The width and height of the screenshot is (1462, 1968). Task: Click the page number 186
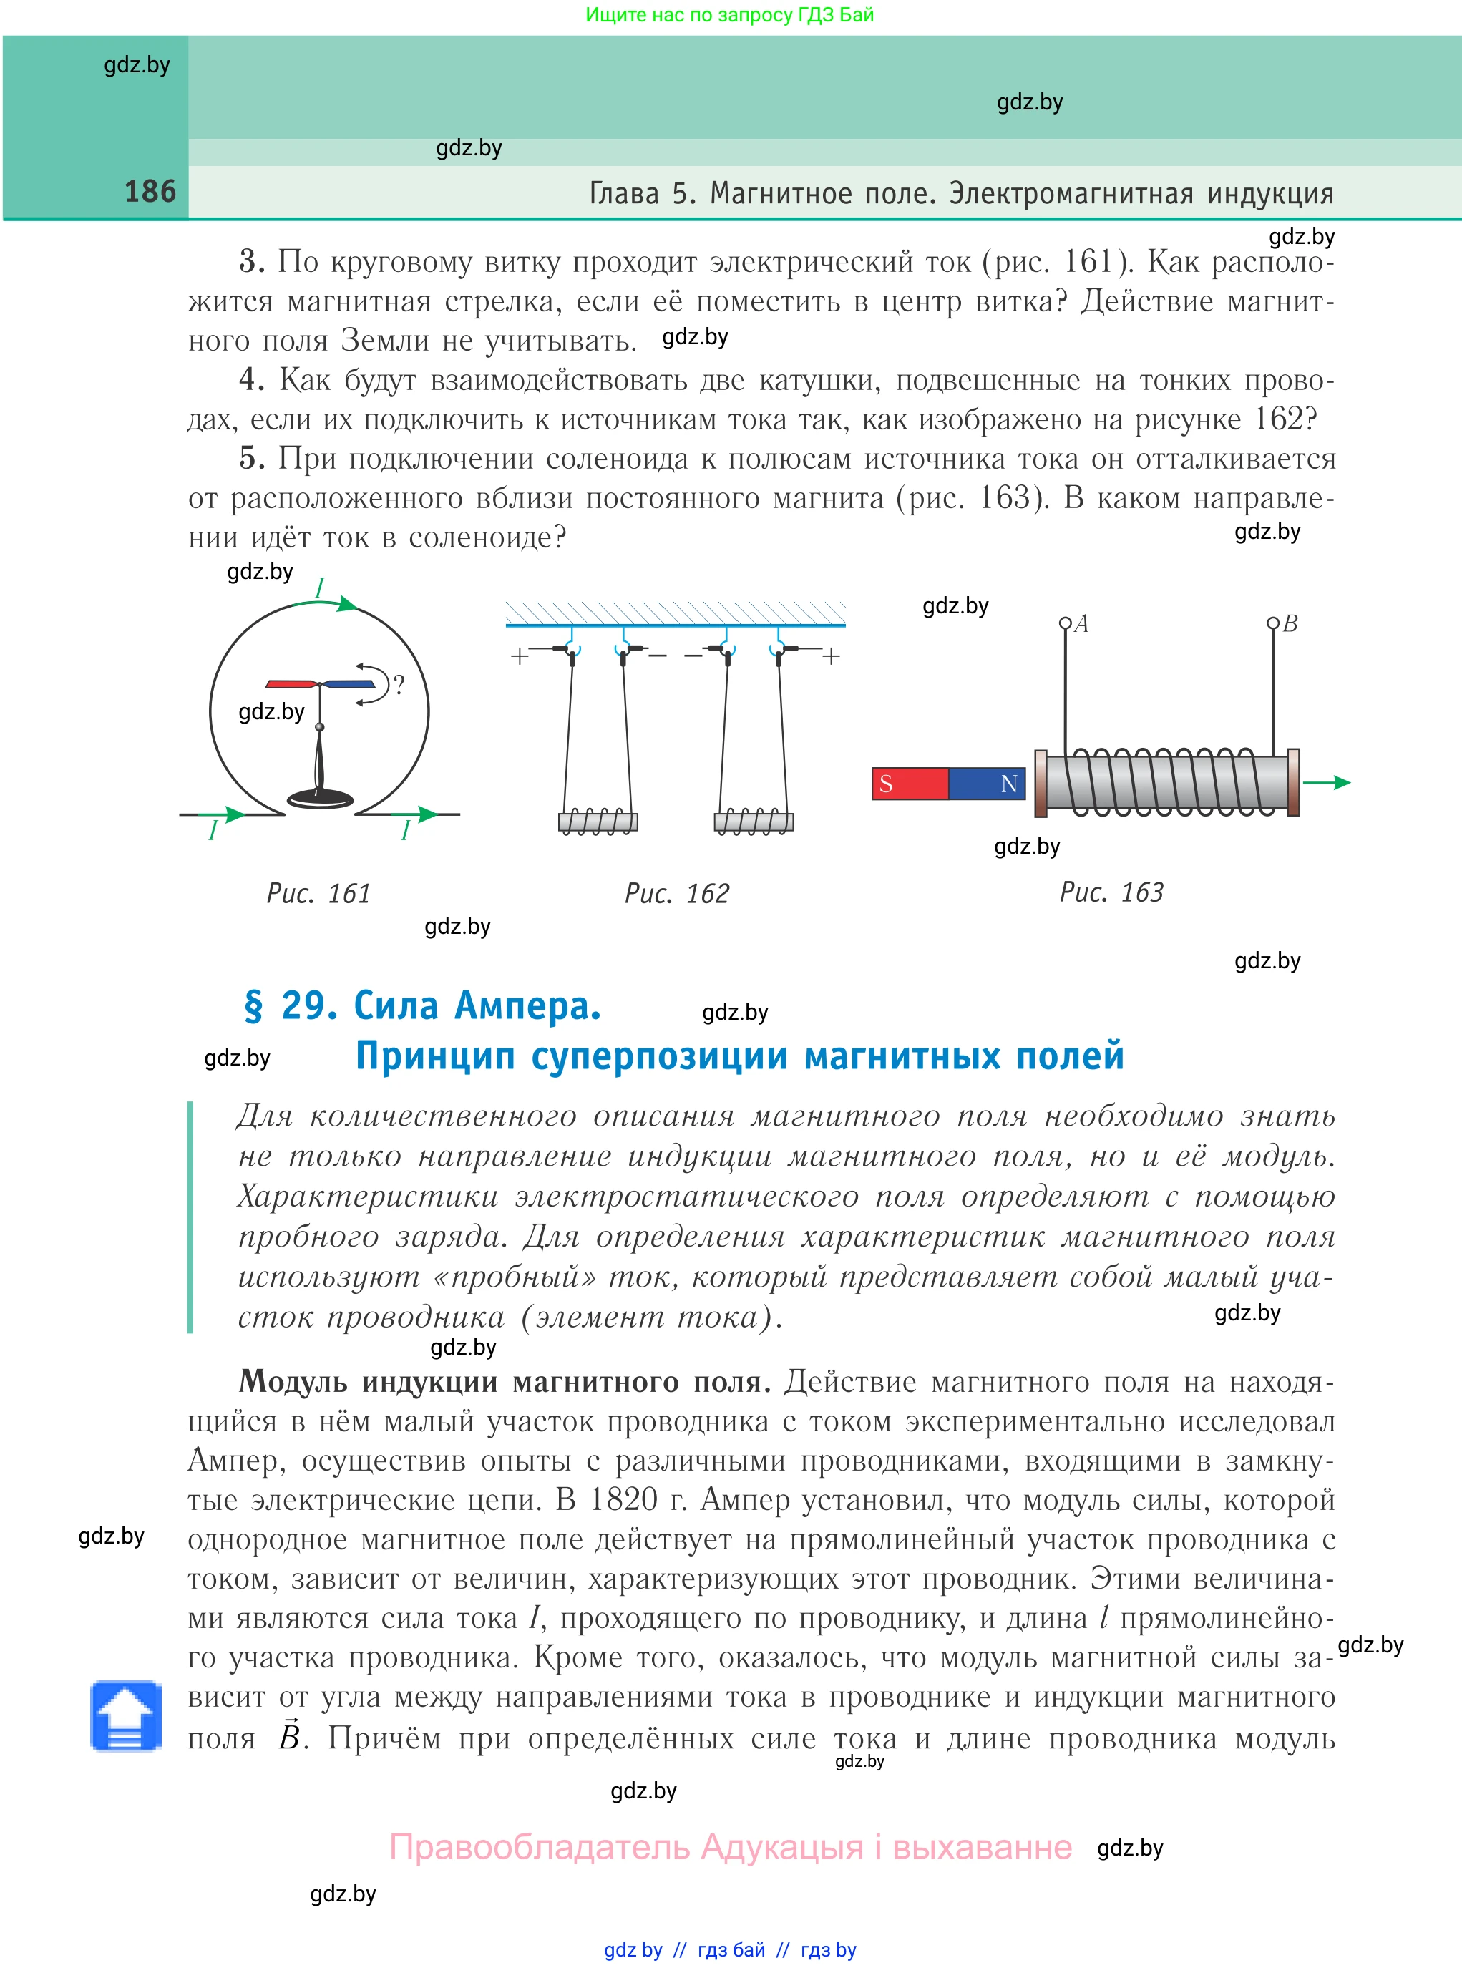[x=150, y=191]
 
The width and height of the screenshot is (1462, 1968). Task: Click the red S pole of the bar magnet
[x=909, y=783]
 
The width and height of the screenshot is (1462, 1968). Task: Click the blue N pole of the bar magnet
[x=988, y=783]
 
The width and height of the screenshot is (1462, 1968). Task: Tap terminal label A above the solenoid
[x=1081, y=624]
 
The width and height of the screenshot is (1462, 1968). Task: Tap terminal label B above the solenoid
[x=1290, y=624]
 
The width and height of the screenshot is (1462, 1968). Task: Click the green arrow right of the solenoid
[x=1327, y=782]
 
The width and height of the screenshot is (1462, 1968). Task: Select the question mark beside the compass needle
[x=399, y=685]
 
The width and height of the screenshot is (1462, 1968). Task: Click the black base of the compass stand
[x=321, y=797]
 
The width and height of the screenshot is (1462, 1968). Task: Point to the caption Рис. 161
[x=318, y=893]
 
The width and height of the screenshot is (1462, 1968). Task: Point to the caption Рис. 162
[x=677, y=893]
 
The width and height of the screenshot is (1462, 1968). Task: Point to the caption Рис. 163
[x=1111, y=892]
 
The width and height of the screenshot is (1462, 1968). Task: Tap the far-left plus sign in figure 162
[x=520, y=656]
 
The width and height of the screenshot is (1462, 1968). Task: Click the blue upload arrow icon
[x=126, y=1718]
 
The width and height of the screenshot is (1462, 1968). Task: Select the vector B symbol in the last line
[x=289, y=1736]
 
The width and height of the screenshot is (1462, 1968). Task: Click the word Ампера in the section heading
[x=527, y=1006]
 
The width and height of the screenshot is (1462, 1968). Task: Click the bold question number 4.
[x=251, y=379]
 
